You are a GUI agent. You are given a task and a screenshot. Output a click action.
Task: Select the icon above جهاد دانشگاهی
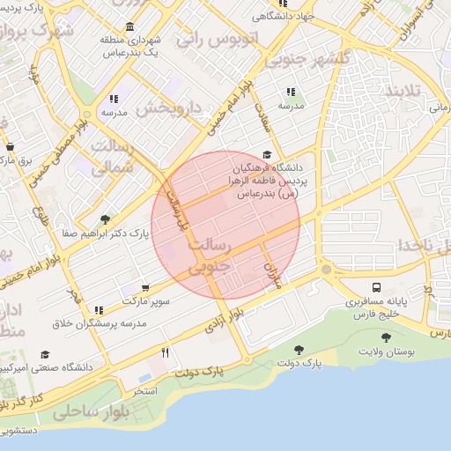282,2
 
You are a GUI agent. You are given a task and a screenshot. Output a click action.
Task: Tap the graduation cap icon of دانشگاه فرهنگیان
267,154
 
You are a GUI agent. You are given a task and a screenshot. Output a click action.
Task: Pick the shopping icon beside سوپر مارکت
144,287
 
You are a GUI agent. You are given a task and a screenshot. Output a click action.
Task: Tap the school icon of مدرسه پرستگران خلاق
98,310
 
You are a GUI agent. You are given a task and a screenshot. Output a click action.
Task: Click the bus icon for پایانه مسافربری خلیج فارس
377,287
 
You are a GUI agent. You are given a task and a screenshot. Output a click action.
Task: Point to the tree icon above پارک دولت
299,350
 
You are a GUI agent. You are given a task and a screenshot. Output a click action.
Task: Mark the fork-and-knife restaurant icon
165,352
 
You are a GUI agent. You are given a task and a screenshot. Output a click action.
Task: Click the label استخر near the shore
145,388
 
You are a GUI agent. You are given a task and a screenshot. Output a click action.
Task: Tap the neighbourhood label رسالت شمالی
112,156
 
